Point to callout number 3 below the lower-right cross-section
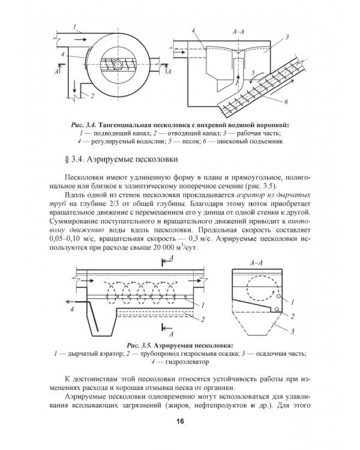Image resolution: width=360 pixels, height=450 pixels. coord(292,331)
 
